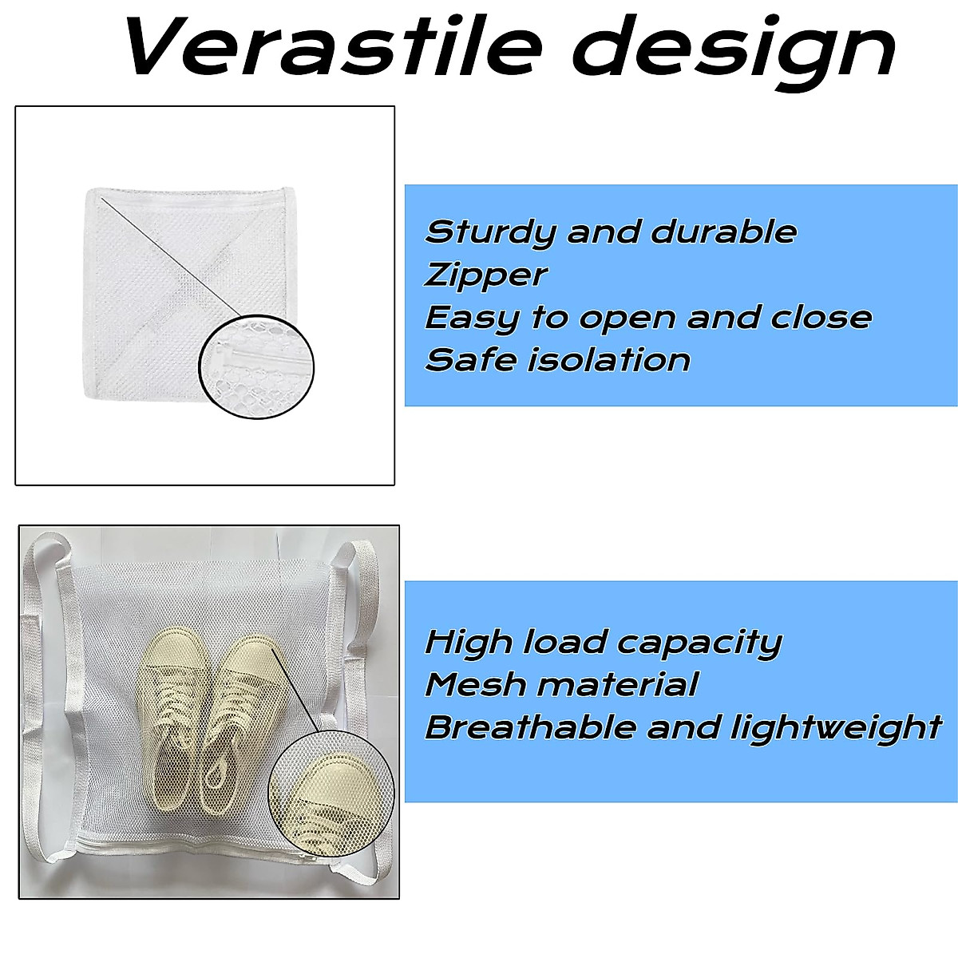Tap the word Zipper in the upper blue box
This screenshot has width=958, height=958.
click(x=485, y=275)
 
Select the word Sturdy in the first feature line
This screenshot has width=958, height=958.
click(x=490, y=232)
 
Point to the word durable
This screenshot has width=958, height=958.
click(x=724, y=232)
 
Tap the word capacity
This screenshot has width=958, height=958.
click(x=699, y=643)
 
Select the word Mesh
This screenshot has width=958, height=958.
click(x=475, y=684)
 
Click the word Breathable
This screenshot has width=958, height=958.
click(x=531, y=727)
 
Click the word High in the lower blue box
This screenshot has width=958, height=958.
click(x=469, y=643)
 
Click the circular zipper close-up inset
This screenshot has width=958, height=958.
click(x=256, y=366)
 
